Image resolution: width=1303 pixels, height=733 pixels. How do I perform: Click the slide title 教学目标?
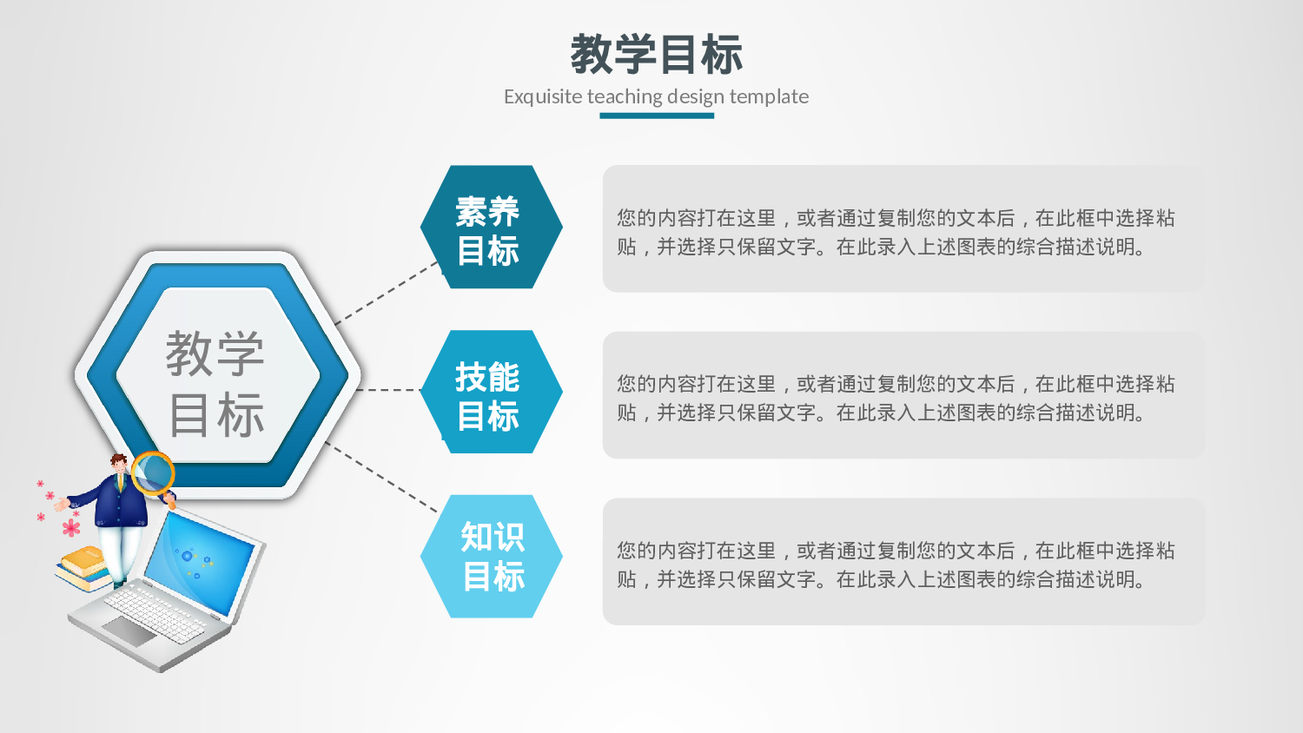(656, 54)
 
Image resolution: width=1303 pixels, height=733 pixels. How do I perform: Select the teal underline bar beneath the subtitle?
(656, 116)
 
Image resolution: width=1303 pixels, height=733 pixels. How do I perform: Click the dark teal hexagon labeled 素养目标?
(491, 227)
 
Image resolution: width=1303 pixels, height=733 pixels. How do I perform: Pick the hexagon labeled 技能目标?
(491, 392)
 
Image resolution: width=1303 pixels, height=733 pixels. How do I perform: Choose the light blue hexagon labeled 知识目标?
(491, 557)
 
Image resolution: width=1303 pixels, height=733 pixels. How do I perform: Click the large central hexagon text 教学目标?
(216, 382)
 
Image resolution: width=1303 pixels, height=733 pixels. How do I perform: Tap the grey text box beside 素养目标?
(903, 228)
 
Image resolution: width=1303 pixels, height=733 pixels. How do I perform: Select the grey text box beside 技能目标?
(903, 395)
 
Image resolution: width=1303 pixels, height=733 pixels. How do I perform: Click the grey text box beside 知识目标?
(903, 561)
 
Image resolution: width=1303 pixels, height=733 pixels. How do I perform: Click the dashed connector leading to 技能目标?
(388, 390)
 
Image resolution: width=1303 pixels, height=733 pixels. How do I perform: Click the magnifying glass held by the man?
(154, 473)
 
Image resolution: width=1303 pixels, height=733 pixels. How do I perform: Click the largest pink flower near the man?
(71, 527)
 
